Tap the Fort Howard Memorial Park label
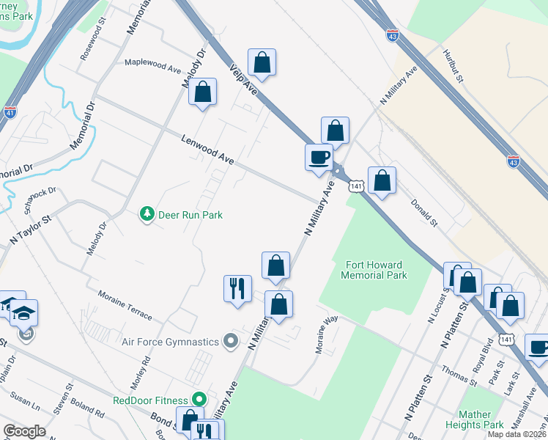[x=374, y=269]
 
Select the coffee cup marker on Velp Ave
[x=319, y=158]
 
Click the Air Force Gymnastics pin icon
[x=232, y=341]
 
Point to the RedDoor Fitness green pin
[x=199, y=400]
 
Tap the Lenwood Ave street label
[x=208, y=149]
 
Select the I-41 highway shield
[x=10, y=112]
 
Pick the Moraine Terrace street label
[x=125, y=305]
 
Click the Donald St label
[x=423, y=213]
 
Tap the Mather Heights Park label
[x=480, y=419]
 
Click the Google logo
[x=24, y=431]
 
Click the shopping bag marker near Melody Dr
[x=203, y=92]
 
